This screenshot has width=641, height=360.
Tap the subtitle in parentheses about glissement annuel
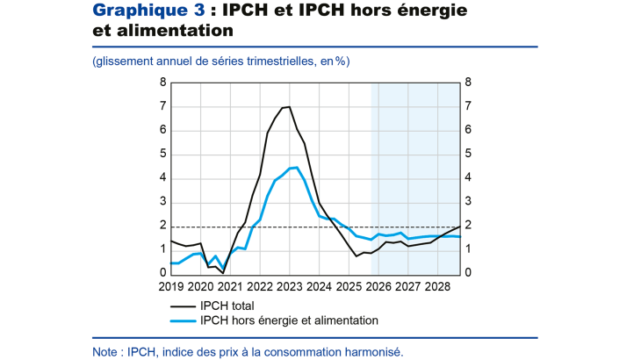220,61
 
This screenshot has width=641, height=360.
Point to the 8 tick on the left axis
162,83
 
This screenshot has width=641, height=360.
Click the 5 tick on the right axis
468,154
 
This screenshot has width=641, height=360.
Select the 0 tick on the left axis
162,273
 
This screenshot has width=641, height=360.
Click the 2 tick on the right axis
468,226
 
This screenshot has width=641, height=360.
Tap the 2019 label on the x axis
170,286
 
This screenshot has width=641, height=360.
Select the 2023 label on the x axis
290,286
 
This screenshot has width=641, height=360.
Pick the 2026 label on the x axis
378,286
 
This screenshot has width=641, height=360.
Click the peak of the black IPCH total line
289,106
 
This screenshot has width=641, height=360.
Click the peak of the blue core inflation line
297,167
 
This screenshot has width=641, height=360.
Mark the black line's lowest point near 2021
222,272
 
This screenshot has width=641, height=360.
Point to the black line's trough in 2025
357,256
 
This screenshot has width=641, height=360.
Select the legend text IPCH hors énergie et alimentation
289,320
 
